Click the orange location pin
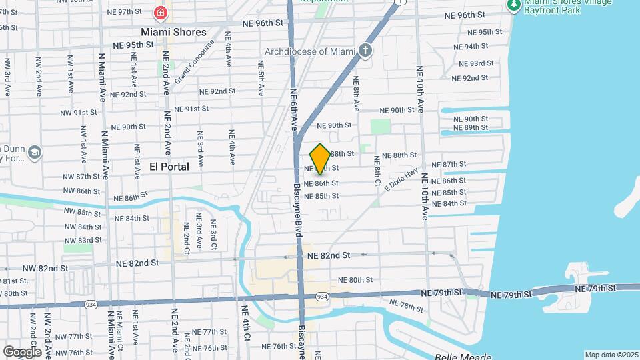point(320,159)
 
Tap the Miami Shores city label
point(173,32)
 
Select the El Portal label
point(169,166)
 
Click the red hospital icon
point(160,13)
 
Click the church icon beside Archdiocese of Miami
point(365,50)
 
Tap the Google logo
point(22,351)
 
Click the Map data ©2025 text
point(611,355)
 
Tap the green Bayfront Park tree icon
point(513,5)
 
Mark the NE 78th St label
point(411,307)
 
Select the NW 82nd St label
point(45,268)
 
